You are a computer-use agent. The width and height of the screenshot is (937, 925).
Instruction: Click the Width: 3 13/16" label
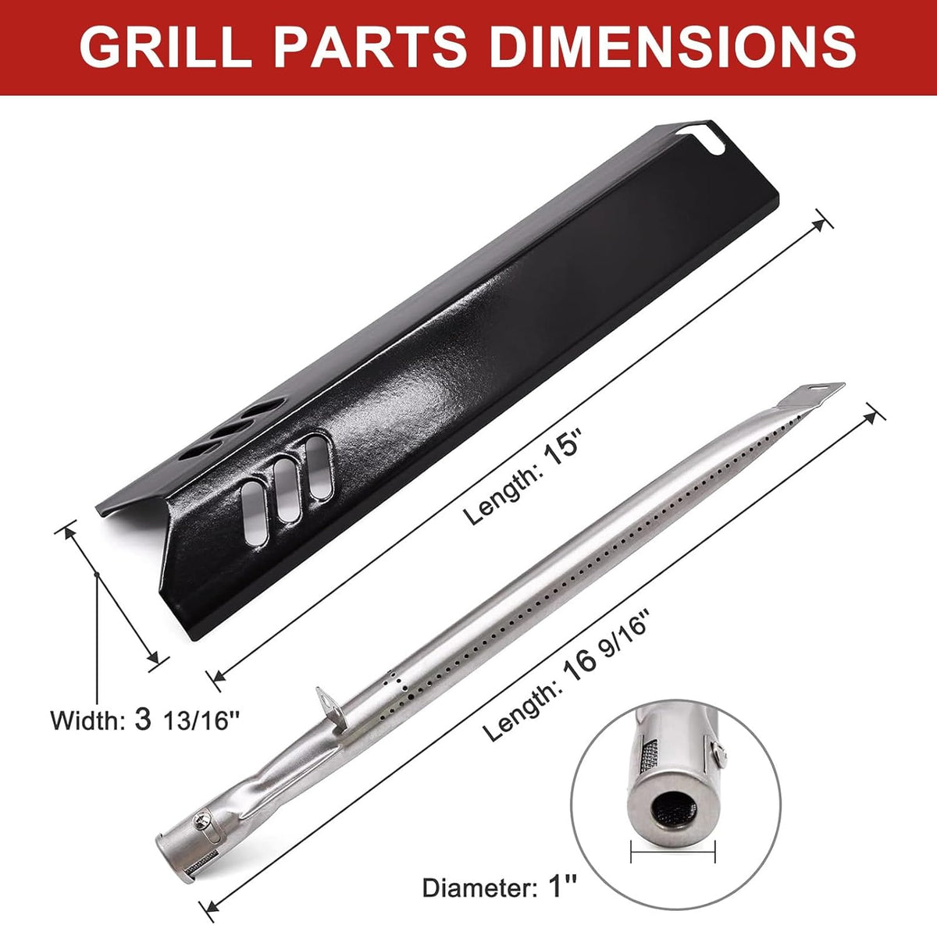pyautogui.click(x=144, y=720)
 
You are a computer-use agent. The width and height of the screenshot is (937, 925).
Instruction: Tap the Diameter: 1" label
pyautogui.click(x=500, y=888)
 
